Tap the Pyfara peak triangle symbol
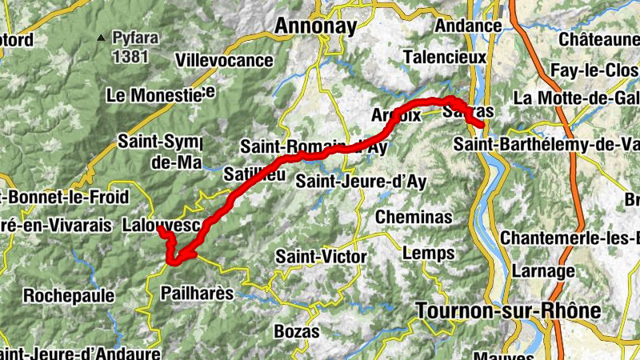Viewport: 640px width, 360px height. [101, 37]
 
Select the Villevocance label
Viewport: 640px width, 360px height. [224, 60]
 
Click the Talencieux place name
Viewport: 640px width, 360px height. [444, 58]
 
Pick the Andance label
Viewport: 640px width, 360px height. [468, 26]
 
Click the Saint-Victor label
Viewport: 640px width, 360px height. [320, 257]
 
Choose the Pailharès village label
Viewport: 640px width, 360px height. [197, 294]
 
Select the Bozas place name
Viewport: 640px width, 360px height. [297, 330]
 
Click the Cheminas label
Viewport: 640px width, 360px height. [414, 217]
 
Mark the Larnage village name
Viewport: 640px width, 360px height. [545, 271]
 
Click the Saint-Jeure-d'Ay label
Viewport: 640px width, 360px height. [361, 182]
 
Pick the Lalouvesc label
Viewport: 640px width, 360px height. [160, 226]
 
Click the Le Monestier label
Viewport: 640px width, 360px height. [161, 95]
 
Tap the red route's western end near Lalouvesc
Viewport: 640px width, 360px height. [160, 230]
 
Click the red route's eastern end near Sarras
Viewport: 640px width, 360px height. [482, 125]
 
